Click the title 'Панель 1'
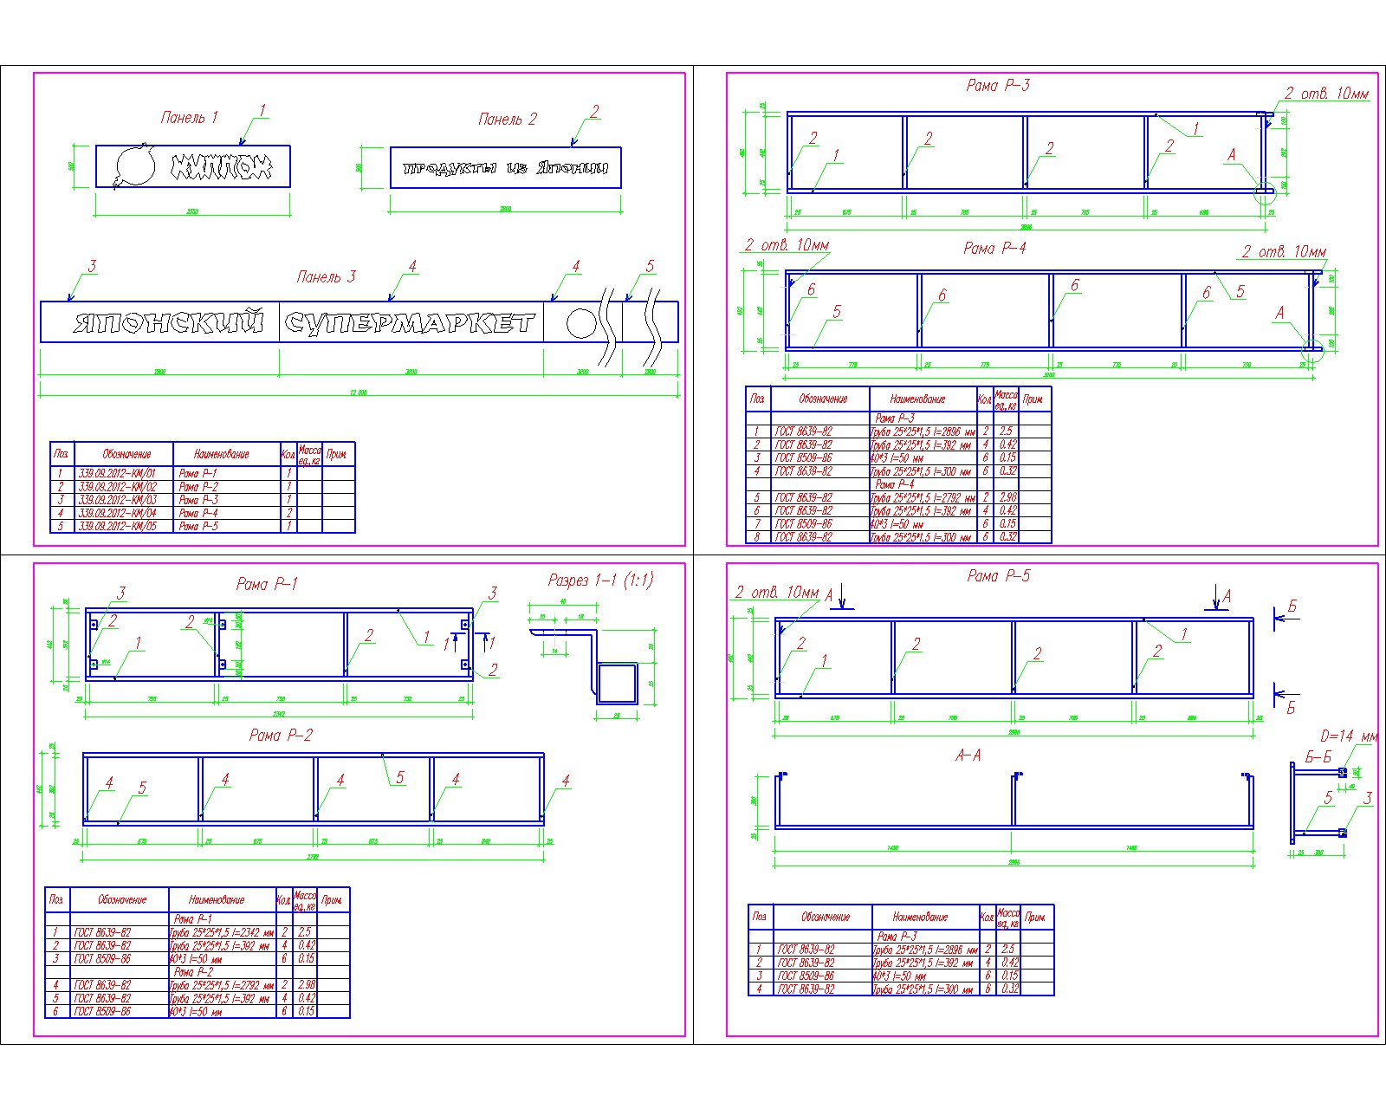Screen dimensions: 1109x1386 (189, 117)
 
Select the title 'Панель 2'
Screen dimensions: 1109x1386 (507, 119)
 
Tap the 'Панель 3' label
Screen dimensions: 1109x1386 (326, 276)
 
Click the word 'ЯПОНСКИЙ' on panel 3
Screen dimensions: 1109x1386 (168, 322)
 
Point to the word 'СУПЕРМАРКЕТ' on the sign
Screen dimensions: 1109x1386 (410, 323)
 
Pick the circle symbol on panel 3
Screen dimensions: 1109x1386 (581, 323)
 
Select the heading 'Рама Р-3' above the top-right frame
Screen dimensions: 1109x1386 (997, 85)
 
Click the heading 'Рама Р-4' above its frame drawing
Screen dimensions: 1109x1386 (994, 248)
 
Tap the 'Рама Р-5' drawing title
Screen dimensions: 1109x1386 (998, 575)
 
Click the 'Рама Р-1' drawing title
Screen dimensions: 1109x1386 (267, 583)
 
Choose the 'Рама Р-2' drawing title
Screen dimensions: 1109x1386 (281, 735)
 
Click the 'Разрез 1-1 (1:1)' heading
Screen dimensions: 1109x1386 (600, 580)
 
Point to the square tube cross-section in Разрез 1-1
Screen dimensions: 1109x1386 (616, 683)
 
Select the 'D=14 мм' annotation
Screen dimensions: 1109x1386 (1348, 736)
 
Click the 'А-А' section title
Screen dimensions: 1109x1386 (968, 756)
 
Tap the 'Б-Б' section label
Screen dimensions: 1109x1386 (1318, 757)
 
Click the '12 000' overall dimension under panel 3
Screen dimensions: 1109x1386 (358, 392)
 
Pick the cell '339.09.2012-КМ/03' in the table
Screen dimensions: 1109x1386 (117, 500)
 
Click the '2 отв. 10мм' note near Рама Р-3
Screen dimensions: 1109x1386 (1326, 94)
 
